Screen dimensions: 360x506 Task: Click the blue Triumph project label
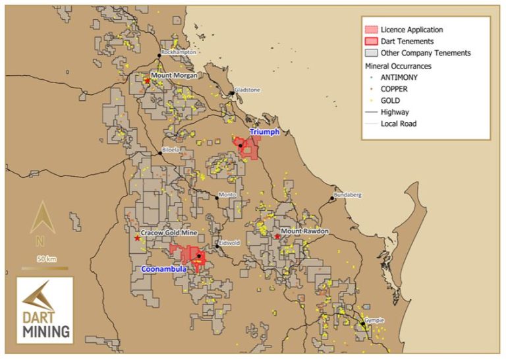coord(265,132)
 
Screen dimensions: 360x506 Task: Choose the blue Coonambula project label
coord(164,269)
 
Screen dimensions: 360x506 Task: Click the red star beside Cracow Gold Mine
coord(136,238)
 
